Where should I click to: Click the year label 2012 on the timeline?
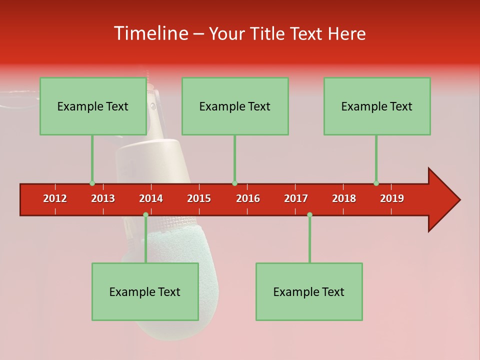[55, 198]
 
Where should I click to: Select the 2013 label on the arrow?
[103, 198]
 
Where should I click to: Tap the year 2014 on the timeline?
[151, 198]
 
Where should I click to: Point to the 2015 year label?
[199, 198]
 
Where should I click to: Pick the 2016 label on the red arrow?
[248, 198]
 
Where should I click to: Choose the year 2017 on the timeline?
[296, 198]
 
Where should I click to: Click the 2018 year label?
[344, 198]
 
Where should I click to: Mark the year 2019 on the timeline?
[392, 198]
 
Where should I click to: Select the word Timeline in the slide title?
[150, 33]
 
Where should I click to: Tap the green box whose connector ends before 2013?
[93, 106]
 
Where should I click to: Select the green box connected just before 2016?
[235, 106]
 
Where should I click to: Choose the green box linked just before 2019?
[377, 106]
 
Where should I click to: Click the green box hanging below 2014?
[145, 291]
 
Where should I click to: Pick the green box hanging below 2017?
[309, 291]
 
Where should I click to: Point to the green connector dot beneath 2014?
[145, 214]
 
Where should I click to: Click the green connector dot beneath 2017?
[309, 214]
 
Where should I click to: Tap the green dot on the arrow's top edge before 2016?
[234, 183]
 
